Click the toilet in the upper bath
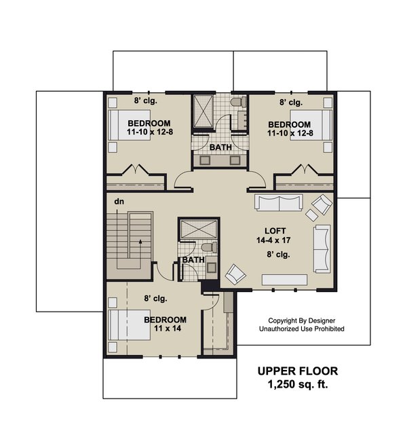click(236, 103)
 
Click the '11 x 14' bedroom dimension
click(164, 330)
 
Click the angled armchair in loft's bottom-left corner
click(235, 274)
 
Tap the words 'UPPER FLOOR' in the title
click(296, 371)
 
